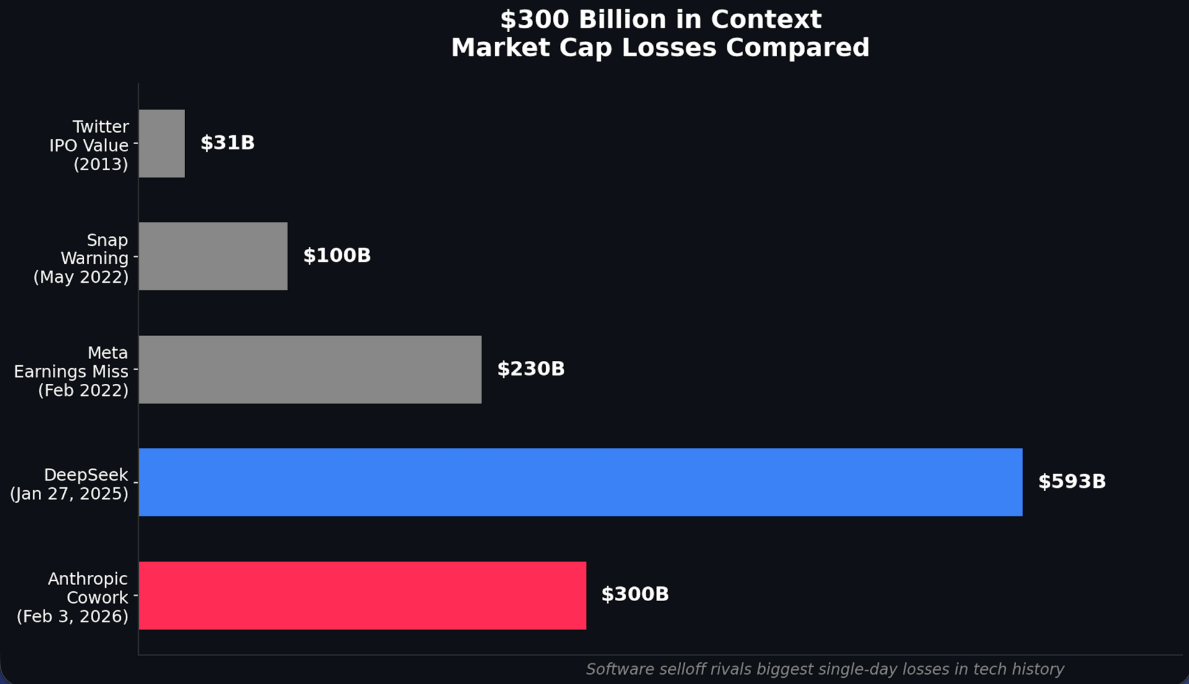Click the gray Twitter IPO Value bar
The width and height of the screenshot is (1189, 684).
coord(162,144)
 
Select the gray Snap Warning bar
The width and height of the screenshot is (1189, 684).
coord(213,256)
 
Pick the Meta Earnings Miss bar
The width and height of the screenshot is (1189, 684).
coord(310,370)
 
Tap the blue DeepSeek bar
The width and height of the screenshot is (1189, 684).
coord(580,482)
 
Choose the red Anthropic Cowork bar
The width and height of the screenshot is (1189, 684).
coord(362,595)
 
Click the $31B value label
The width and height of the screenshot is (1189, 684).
coord(227,143)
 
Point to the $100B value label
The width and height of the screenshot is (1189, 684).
coord(337,256)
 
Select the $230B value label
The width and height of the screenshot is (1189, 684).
coord(531,369)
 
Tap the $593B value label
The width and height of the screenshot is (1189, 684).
coord(1072,482)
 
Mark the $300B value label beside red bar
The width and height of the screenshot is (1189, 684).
coord(635,594)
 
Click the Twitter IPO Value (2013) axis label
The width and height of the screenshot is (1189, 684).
coord(89,145)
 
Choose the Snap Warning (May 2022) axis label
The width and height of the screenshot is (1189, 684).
coord(81,258)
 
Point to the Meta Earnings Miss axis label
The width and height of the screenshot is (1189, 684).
coord(72,371)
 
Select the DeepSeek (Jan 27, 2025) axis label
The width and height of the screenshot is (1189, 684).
coord(69,484)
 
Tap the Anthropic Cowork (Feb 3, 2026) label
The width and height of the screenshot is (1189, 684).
coord(73,597)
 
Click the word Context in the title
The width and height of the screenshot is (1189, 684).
coord(766,20)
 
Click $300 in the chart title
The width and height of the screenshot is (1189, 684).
coord(534,20)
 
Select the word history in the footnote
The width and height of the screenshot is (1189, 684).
coord(1037,669)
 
